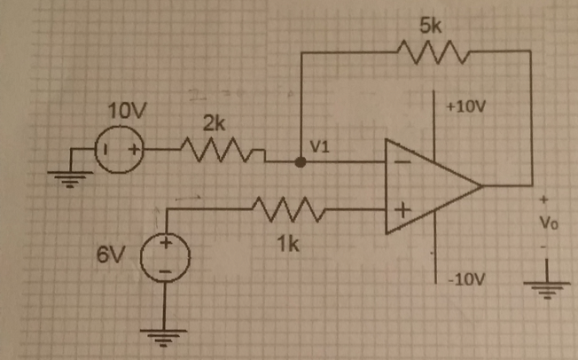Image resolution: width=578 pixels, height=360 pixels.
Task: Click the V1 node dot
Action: pos(301,162)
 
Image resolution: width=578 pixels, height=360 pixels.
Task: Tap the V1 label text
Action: pos(320,146)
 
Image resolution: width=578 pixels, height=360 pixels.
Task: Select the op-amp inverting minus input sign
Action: pos(402,163)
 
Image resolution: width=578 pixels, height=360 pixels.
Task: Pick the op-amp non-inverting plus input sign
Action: pos(402,211)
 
